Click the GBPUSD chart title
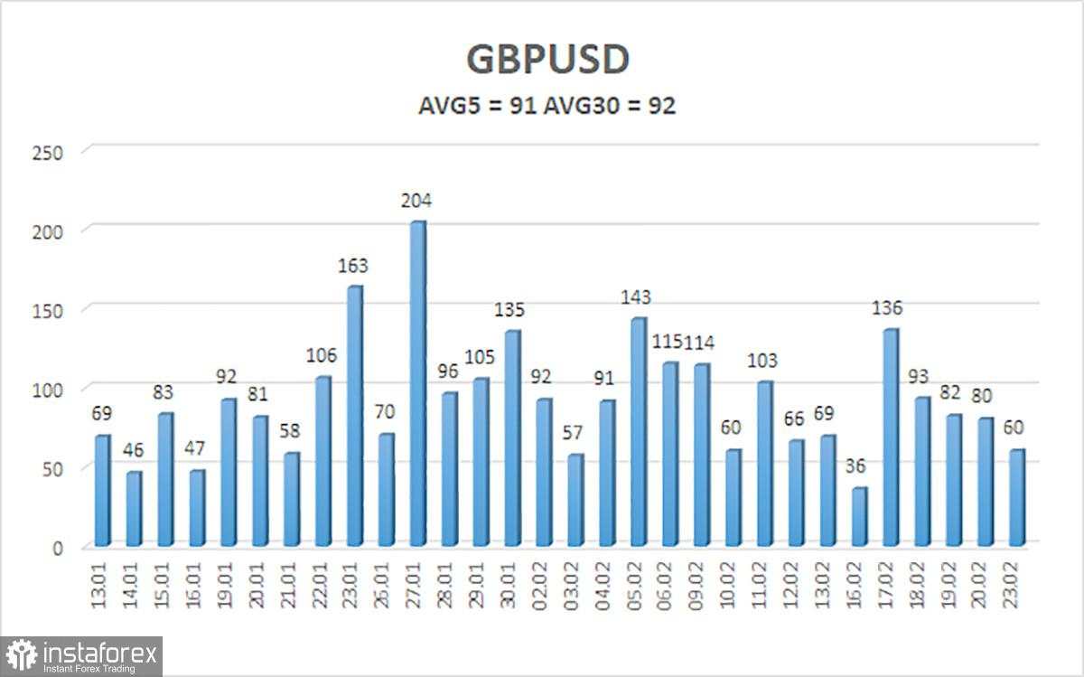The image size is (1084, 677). [547, 61]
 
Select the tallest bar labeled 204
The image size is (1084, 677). [417, 384]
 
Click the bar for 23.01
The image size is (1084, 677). [354, 417]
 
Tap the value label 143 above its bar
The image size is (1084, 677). [637, 297]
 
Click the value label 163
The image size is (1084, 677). [354, 266]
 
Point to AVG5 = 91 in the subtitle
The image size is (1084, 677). [478, 106]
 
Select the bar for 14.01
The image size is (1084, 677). [134, 509]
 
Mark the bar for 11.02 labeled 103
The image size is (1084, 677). [763, 464]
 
